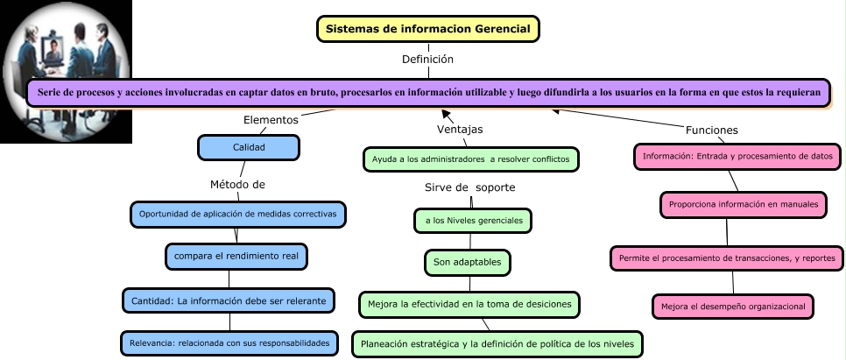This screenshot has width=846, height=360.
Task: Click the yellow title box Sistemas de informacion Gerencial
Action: (x=427, y=29)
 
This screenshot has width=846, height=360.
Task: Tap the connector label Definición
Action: (x=427, y=60)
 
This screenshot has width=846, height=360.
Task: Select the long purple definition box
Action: (x=428, y=93)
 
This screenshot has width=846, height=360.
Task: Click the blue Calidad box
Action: (x=249, y=148)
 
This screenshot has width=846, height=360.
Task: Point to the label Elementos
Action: (x=271, y=119)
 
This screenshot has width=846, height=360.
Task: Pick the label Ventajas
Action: (x=460, y=129)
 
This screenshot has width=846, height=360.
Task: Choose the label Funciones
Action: (x=711, y=130)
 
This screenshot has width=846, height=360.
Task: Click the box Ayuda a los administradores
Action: (x=471, y=159)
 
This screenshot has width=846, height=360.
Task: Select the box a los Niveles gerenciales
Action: (x=473, y=221)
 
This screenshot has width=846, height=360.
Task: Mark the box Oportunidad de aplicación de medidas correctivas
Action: (x=238, y=214)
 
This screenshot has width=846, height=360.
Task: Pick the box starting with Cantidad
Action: (x=229, y=300)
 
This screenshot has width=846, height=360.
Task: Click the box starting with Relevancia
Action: (x=229, y=343)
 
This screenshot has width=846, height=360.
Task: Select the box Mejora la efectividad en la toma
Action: (x=470, y=304)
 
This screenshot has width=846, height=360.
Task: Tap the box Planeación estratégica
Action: (x=497, y=342)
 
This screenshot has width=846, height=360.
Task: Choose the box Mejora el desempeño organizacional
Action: (x=734, y=306)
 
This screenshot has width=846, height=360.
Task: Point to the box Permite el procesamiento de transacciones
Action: (x=728, y=258)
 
